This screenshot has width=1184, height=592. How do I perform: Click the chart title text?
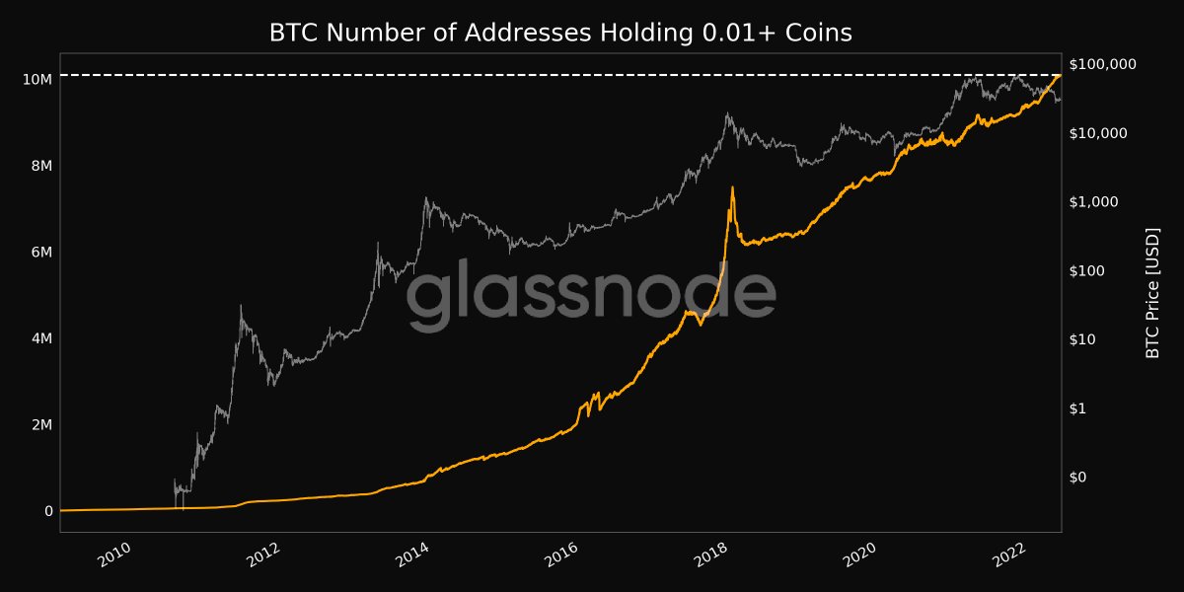point(560,33)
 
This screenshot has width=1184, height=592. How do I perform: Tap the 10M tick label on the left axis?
point(37,79)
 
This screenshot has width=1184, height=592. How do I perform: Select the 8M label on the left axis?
point(40,166)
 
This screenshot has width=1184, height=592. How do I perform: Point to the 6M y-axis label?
point(40,253)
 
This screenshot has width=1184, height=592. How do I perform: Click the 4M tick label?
point(40,338)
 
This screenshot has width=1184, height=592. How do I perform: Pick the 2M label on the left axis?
point(40,425)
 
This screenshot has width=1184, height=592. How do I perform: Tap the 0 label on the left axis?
point(48,511)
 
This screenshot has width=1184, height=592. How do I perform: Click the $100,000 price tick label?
point(1103,64)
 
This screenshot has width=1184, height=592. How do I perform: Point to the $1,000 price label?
point(1096,201)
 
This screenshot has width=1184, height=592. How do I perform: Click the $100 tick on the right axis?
point(1091,270)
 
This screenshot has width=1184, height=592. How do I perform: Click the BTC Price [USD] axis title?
point(1151,293)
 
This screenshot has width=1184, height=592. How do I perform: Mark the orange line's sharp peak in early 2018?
point(732,187)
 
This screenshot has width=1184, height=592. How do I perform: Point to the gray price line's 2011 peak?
point(241,306)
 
